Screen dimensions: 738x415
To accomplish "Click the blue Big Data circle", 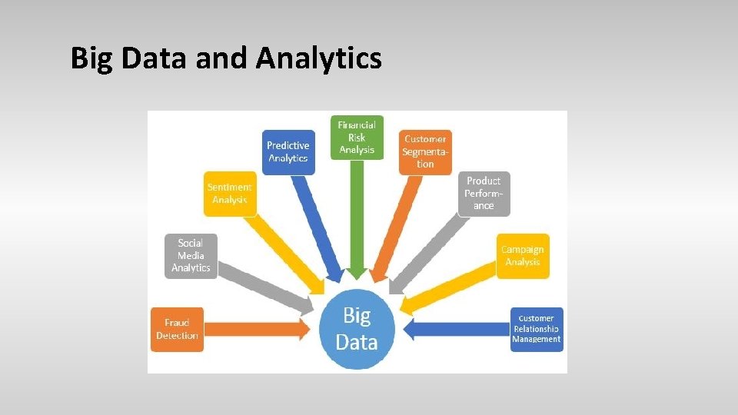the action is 356,327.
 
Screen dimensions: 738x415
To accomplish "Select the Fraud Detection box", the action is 177,330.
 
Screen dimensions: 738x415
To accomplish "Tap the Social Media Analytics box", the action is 191,255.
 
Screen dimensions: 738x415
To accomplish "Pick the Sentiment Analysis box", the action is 229,194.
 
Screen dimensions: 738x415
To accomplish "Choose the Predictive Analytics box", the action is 288,151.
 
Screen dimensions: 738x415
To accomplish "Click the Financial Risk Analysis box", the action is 357,138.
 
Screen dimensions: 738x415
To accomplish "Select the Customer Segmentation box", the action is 425,151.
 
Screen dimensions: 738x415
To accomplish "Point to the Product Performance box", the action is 484,194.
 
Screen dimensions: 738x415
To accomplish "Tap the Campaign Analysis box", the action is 523,255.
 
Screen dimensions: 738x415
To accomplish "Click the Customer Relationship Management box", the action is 537,329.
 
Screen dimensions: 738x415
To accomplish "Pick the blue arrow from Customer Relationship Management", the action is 461,330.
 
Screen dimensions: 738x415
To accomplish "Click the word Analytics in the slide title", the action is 319,58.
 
